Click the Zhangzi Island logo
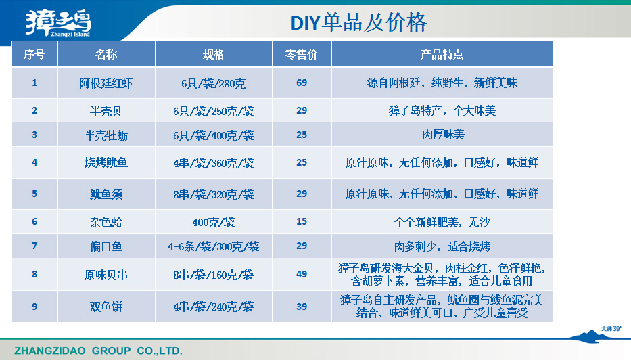[58, 23]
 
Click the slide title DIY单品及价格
[358, 22]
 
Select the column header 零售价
[302, 54]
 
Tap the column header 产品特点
[442, 54]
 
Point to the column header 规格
[213, 54]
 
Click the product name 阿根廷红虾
[106, 83]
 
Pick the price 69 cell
[302, 83]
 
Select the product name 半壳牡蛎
[106, 135]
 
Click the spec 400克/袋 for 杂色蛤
[213, 222]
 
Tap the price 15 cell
[302, 221]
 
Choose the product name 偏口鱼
[106, 246]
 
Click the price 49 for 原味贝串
[302, 274]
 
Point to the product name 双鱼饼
[106, 307]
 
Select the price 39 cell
[302, 307]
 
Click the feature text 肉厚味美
[443, 134]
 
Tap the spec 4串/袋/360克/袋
[213, 163]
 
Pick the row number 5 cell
[34, 194]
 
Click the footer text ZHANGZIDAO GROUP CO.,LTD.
[98, 351]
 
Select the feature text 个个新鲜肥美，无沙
[442, 222]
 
